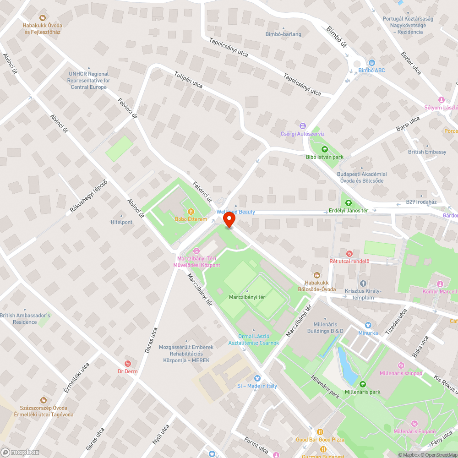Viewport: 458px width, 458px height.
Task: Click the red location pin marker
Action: tap(229, 221)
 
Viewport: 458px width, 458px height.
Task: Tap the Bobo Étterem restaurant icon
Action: tap(191, 212)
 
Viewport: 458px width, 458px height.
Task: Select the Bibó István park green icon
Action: tap(325, 149)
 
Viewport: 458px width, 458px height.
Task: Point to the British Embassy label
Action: tap(427, 152)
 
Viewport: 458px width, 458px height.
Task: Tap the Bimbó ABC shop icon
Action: tap(371, 63)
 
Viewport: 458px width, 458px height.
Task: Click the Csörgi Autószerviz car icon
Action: tap(302, 126)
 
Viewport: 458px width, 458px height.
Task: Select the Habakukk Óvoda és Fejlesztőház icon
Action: tap(43, 18)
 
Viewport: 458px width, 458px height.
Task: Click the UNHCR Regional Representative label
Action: tap(88, 80)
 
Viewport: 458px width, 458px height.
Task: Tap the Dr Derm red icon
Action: tap(127, 364)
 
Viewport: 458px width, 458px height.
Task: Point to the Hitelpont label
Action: tap(121, 222)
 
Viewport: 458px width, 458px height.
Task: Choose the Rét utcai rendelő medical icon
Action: tap(349, 253)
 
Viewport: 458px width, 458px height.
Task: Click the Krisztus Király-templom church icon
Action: tap(363, 284)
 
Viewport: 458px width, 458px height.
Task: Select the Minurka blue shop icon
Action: tap(368, 325)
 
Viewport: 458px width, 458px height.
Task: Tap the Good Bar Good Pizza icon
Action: tap(320, 432)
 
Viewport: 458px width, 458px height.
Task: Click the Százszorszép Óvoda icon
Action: tap(43, 400)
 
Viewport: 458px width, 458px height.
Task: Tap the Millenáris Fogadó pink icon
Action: tap(415, 424)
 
